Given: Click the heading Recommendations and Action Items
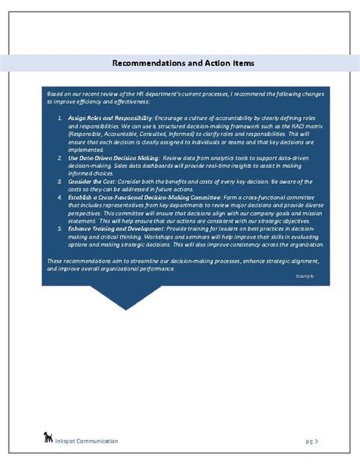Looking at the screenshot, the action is point(183,63).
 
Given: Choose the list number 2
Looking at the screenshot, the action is point(60,157).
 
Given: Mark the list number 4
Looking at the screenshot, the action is point(60,196).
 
